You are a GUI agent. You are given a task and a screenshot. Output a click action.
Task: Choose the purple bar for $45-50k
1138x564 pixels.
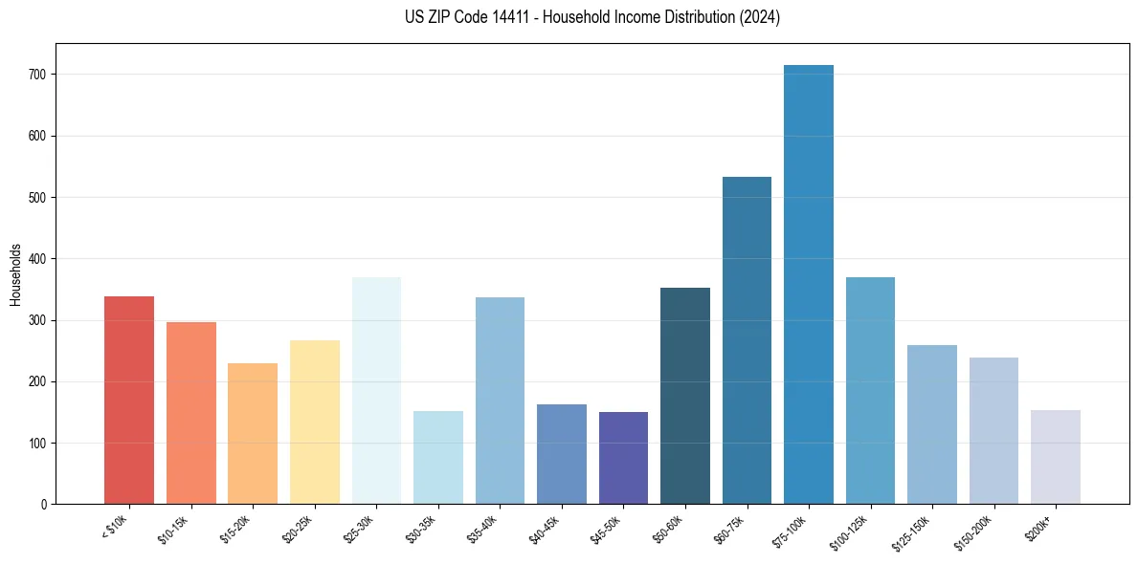tap(623, 458)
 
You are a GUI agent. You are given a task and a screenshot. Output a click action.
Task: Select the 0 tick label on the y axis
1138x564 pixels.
tap(44, 504)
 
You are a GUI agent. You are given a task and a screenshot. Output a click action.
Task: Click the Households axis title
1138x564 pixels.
tap(16, 273)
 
